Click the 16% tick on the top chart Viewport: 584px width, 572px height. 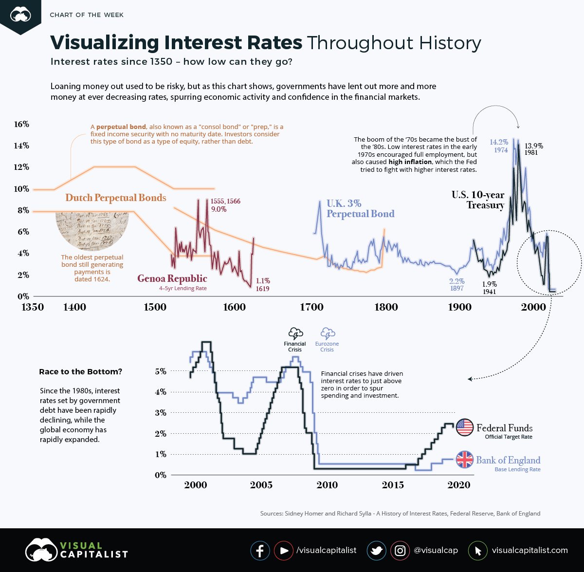[21, 124]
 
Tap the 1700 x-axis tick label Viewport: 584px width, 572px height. [311, 307]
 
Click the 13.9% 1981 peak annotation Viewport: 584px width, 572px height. [533, 149]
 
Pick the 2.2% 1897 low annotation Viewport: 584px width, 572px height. [456, 285]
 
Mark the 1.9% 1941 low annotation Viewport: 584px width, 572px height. [490, 288]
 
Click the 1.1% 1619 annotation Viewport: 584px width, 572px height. [262, 285]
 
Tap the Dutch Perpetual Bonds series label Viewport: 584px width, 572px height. [116, 198]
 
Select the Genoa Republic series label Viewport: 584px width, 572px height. [172, 279]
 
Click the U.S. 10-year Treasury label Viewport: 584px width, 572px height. [471, 200]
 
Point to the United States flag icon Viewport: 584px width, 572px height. [465, 427]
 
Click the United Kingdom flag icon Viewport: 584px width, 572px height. [465, 459]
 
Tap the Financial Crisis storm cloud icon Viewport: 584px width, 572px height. [295, 333]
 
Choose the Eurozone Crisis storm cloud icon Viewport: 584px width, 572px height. [327, 333]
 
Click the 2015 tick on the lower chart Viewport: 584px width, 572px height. [393, 485]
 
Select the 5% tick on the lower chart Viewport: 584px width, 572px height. [161, 371]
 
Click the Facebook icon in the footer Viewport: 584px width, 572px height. [260, 551]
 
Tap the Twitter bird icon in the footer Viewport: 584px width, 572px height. [376, 551]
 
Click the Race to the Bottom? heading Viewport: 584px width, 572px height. [80, 372]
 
